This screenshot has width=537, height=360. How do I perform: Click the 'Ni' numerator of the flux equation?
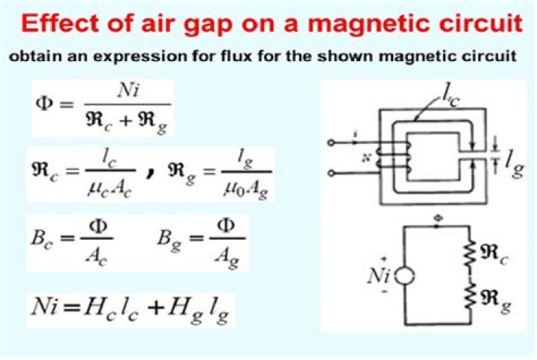[128, 91]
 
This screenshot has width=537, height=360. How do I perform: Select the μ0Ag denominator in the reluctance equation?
[245, 189]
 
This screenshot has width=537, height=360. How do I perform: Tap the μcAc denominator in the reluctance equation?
[110, 189]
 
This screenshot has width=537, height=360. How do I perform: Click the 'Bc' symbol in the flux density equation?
[42, 238]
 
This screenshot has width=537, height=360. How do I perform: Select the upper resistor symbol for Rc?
[470, 253]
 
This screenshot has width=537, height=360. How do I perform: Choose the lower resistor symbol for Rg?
[470, 297]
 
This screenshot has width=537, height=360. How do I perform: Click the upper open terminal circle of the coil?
[331, 142]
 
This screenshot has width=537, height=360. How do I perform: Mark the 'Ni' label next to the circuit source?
[378, 276]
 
